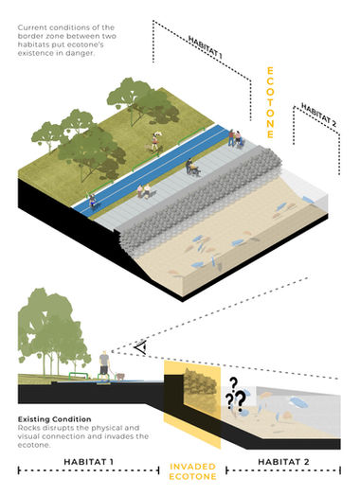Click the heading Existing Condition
pyautogui.click(x=54, y=417)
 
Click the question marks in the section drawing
pyautogui.click(x=234, y=398)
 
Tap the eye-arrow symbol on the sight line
pyautogui.click(x=139, y=348)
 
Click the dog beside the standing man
pyautogui.click(x=118, y=376)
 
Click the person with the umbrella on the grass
pyautogui.click(x=155, y=141)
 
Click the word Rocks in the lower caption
pyautogui.click(x=28, y=427)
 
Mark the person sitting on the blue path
pyautogui.click(x=92, y=202)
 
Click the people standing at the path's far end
pyautogui.click(x=236, y=140)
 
